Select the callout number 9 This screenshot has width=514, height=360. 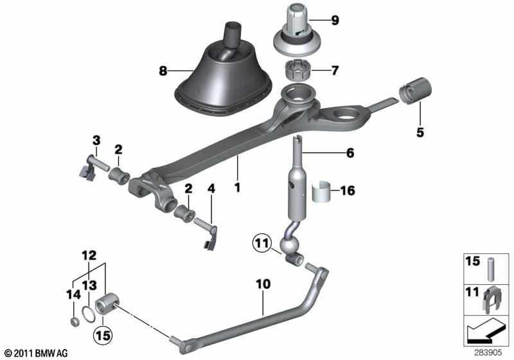pos(335,20)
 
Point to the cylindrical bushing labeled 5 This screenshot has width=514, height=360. pos(414,91)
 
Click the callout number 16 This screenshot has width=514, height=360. pos(348,191)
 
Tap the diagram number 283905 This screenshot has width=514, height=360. pos(491,352)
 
